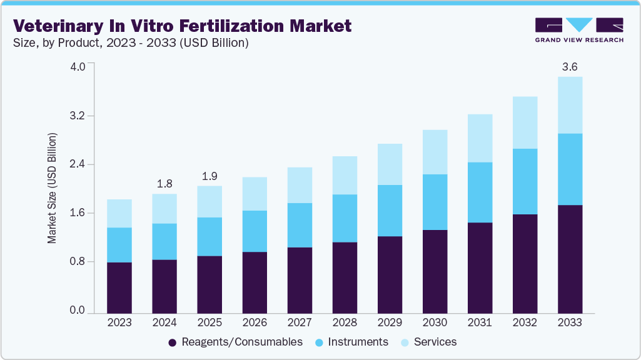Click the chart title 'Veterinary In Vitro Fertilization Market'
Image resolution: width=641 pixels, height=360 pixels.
(x=183, y=26)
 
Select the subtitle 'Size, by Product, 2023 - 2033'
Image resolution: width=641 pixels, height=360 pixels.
(x=131, y=43)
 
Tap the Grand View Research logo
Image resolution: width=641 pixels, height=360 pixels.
(x=578, y=29)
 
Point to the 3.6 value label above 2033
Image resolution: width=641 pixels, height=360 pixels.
(x=570, y=66)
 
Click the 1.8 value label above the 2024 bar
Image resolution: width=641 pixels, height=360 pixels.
(x=164, y=183)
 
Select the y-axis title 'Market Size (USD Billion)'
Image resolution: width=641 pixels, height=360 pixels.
(x=53, y=188)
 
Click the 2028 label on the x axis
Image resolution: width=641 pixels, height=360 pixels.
(x=345, y=322)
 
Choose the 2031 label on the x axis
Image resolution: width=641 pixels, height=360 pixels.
(x=480, y=322)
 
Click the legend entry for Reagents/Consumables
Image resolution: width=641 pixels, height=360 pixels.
(x=235, y=342)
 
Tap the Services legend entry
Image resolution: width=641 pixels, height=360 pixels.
(x=428, y=342)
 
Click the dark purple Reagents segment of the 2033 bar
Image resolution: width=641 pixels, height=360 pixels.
(x=570, y=259)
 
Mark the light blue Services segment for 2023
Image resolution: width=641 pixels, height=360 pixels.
(x=119, y=213)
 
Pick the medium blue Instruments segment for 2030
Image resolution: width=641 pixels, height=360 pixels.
(x=435, y=202)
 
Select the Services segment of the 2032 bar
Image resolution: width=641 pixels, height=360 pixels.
(x=525, y=122)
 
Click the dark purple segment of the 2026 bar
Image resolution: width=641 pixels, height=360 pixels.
(x=255, y=282)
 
